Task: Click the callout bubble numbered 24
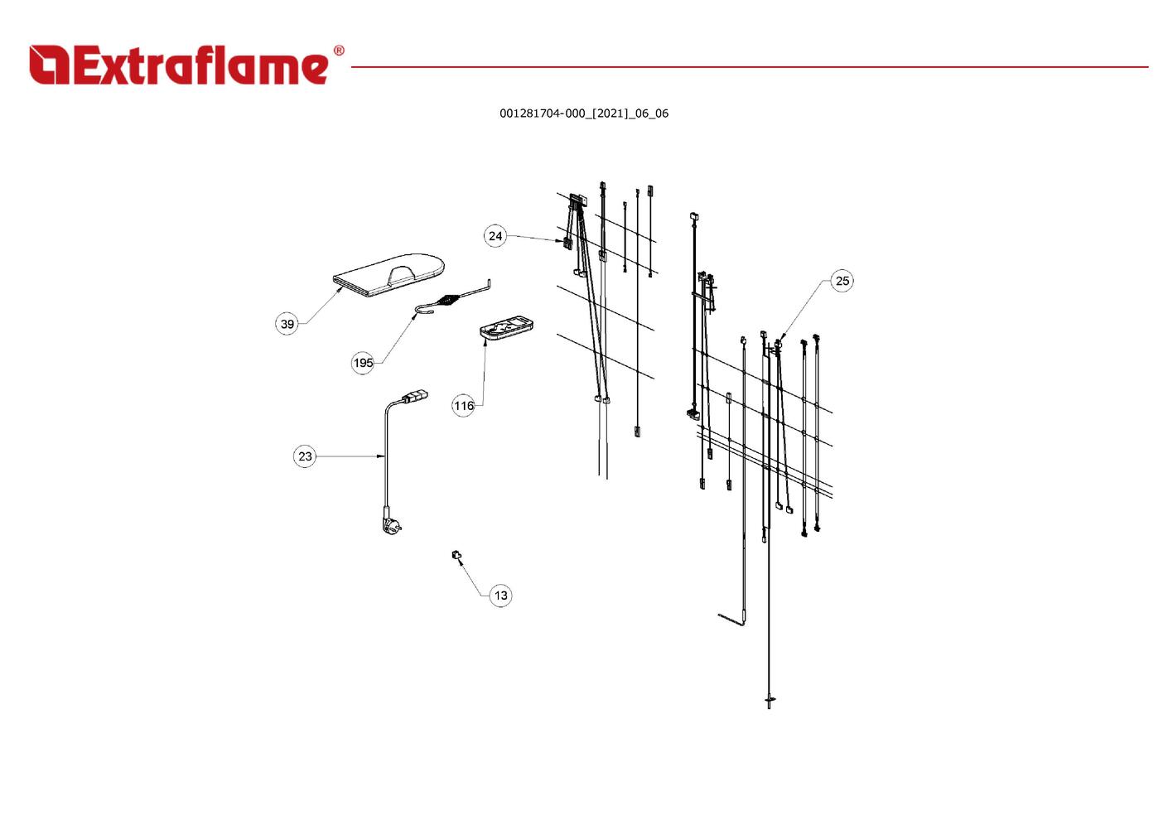point(495,236)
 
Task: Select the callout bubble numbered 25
point(842,281)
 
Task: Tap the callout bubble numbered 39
point(287,324)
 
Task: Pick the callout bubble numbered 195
point(363,363)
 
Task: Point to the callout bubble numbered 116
point(464,406)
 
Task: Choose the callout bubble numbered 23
point(305,457)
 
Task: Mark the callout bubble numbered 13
point(500,596)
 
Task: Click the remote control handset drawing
point(506,328)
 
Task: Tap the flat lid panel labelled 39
point(389,275)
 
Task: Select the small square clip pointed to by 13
point(456,555)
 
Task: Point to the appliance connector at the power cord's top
point(415,396)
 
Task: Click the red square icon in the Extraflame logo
point(49,65)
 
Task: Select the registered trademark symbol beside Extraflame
point(339,51)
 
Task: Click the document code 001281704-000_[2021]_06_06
point(584,113)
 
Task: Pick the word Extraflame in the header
point(200,65)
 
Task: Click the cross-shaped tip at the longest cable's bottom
point(770,700)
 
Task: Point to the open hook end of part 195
point(424,311)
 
